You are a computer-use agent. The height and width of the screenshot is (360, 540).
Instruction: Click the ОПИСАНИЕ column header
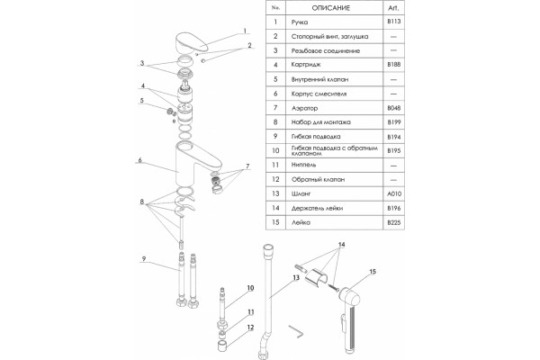tap(330, 7)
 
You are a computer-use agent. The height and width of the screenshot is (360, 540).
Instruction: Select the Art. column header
tap(393, 7)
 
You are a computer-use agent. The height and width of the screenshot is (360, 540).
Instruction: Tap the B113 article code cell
tap(393, 22)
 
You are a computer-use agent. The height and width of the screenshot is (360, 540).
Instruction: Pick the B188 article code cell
tap(393, 65)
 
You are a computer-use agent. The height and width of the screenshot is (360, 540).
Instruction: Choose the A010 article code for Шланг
tap(394, 194)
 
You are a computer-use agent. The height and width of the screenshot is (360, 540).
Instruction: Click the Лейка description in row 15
tap(301, 222)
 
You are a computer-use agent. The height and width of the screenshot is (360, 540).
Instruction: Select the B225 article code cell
tap(394, 222)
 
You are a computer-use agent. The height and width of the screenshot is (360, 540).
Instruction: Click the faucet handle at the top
tap(192, 42)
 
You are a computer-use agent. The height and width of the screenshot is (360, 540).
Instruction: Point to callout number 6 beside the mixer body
tap(139, 160)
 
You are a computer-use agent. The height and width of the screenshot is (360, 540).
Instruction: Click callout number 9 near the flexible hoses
tap(144, 258)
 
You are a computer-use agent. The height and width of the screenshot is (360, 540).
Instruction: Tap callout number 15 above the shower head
tap(373, 272)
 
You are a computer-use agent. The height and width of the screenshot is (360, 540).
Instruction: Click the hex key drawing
tap(296, 331)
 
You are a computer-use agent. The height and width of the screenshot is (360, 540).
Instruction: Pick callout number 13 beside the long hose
tap(296, 278)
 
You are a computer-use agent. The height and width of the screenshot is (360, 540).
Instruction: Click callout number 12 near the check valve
tap(250, 328)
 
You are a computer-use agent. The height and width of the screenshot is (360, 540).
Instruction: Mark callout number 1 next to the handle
tap(245, 31)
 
